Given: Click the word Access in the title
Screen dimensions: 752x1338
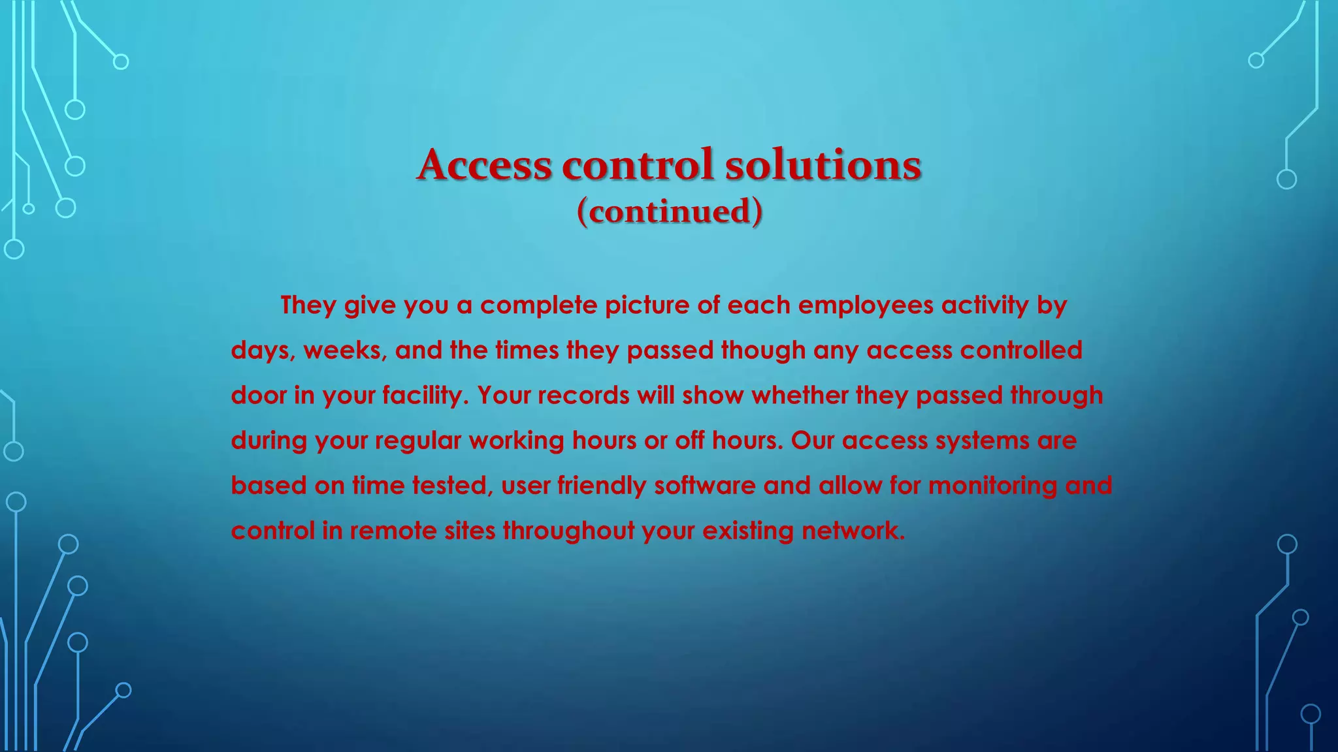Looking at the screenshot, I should pos(484,164).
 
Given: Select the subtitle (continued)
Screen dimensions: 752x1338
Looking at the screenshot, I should pos(670,212).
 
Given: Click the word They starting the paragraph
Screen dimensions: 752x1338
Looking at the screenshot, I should pos(308,305).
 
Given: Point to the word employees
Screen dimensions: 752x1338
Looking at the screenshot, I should pos(866,305).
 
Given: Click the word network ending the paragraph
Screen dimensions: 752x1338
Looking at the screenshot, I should pos(853,531).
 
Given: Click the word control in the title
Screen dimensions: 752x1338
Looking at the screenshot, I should pos(637,164).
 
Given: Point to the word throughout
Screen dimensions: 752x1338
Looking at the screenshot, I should pos(568,531).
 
